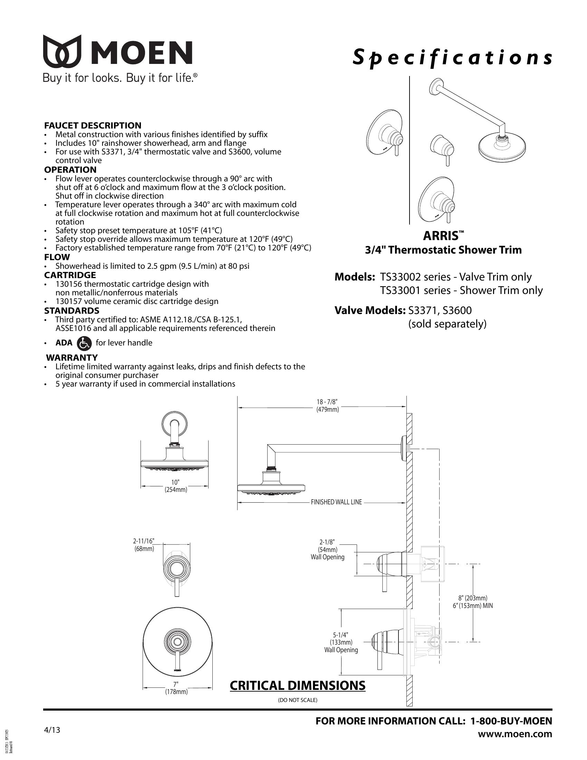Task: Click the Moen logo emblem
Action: tap(62, 51)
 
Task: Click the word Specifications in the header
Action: tap(452, 57)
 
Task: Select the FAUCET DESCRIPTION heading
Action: tap(93, 125)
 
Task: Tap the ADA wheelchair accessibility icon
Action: tap(84, 343)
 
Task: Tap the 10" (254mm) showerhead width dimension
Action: tap(176, 486)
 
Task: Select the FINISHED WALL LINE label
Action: tap(336, 502)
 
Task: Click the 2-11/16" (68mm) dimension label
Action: tap(144, 544)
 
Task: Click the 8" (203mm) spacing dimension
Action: tap(473, 598)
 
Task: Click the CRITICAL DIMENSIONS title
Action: tap(297, 685)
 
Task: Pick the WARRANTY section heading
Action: tap(72, 358)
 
